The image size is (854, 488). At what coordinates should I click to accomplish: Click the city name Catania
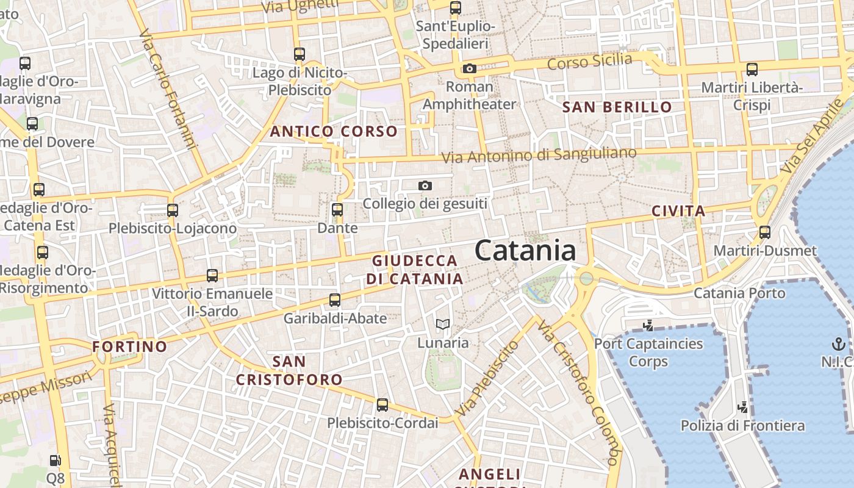click(x=525, y=251)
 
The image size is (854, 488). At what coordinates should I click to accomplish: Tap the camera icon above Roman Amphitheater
click(x=469, y=68)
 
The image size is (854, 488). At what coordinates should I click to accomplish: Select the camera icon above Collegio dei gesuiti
click(x=425, y=185)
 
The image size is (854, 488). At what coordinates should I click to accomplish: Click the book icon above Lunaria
click(x=443, y=324)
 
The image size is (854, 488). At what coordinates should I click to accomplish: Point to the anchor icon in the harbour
click(x=838, y=343)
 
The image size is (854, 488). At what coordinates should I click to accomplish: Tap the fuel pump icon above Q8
click(x=55, y=461)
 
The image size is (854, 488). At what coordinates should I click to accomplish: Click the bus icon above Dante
click(x=337, y=210)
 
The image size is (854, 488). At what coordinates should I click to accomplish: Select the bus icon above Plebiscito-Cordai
click(x=382, y=404)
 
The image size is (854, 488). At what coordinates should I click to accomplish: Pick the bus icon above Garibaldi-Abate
click(x=334, y=300)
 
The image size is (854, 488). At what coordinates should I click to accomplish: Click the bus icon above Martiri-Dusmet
click(x=764, y=232)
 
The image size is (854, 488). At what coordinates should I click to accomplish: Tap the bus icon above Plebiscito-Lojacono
click(x=173, y=210)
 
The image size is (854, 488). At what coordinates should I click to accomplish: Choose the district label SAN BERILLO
click(x=617, y=107)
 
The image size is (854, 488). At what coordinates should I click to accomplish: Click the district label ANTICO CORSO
click(x=334, y=131)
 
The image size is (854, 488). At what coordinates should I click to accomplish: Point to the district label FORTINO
click(x=129, y=346)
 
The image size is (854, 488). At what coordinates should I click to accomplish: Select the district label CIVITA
click(x=678, y=211)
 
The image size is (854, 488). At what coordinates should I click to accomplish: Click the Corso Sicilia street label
click(x=589, y=61)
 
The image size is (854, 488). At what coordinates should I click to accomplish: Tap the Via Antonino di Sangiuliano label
click(x=539, y=154)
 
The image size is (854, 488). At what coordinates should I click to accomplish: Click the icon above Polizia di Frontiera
click(x=742, y=407)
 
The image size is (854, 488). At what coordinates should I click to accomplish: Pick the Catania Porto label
click(x=739, y=293)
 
